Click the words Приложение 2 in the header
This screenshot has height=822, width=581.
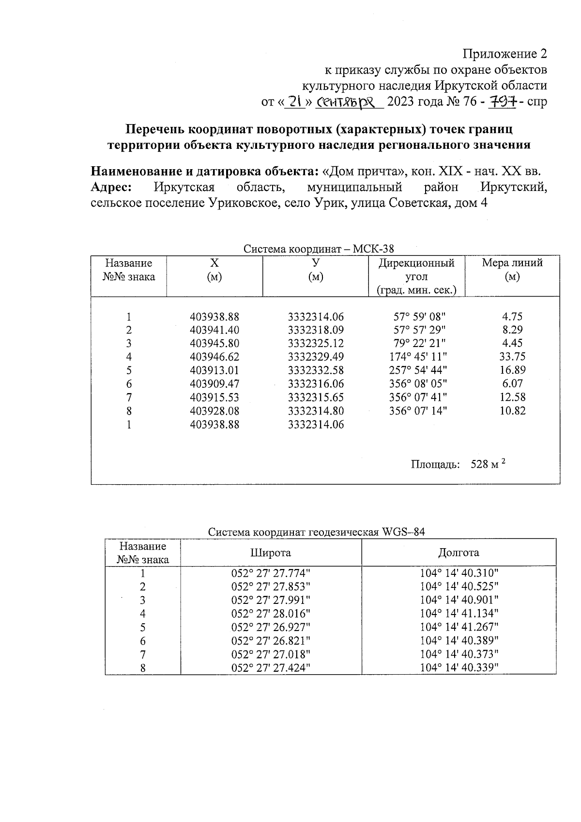pyautogui.click(x=505, y=53)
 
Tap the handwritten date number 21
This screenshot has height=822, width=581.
pyautogui.click(x=294, y=102)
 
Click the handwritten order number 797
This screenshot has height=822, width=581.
pyautogui.click(x=504, y=102)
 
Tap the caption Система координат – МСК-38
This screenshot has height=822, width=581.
pyautogui.click(x=319, y=249)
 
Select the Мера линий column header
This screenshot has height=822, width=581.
pyautogui.click(x=512, y=263)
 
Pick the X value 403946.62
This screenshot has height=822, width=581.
pyautogui.click(x=214, y=357)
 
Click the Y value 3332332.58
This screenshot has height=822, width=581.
pyautogui.click(x=316, y=371)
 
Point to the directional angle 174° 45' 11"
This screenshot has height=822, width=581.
pyautogui.click(x=418, y=357)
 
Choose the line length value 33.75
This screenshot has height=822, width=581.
pyautogui.click(x=512, y=357)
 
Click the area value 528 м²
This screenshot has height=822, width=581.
pyautogui.click(x=488, y=464)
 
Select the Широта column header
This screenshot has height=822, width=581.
pyautogui.click(x=270, y=553)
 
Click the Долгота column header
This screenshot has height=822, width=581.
pyautogui.click(x=459, y=553)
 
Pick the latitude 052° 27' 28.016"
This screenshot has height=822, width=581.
pyautogui.click(x=271, y=614)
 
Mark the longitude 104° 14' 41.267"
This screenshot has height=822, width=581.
pyautogui.click(x=459, y=627)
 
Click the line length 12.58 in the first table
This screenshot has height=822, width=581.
pyautogui.click(x=512, y=397)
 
